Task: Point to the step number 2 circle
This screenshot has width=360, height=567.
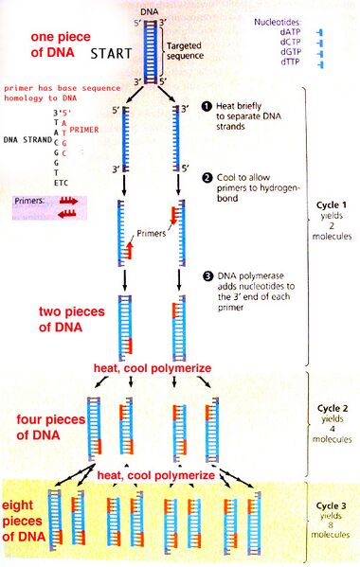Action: [x=204, y=177]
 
